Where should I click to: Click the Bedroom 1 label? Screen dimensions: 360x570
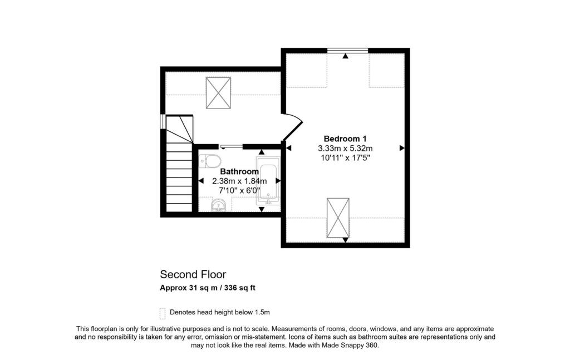345,139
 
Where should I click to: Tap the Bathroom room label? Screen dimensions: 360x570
239,172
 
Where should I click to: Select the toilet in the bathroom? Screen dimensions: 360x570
209,161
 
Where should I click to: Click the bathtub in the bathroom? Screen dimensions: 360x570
268,180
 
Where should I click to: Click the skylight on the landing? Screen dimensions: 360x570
218,93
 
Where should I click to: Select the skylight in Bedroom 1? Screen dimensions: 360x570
338,217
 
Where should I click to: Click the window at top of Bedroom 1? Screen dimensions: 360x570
347,51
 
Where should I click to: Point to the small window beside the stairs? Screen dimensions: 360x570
163,121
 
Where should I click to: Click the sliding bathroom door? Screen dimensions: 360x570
231,147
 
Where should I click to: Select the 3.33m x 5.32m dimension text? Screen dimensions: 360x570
345,149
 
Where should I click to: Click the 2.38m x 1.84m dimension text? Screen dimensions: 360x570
239,181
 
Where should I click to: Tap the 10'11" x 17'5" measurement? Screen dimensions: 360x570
345,158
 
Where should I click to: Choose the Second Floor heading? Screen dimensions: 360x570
193,274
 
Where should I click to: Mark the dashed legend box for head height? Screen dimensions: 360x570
163,312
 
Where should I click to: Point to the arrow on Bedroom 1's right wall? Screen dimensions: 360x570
402,148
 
